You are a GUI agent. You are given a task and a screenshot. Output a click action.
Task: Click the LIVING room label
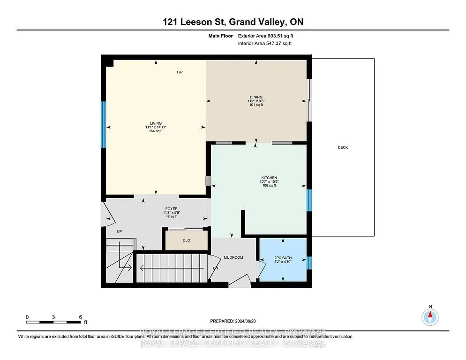[x=156, y=123]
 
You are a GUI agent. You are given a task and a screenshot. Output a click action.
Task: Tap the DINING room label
[x=256, y=97]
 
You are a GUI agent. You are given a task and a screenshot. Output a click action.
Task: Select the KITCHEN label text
[x=269, y=178]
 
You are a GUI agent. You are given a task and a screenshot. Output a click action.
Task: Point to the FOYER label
[x=172, y=209]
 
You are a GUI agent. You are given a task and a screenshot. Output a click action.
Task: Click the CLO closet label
[x=186, y=240]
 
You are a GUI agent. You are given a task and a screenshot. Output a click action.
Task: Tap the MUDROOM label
[x=233, y=257]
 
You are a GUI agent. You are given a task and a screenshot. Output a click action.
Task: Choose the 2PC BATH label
[x=283, y=258]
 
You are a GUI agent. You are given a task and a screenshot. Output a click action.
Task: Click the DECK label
[x=343, y=147]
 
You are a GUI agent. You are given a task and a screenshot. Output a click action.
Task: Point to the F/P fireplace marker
[x=180, y=72]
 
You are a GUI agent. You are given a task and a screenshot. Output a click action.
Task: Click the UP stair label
[x=119, y=231]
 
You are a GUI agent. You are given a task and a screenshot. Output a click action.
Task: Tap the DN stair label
[x=216, y=268]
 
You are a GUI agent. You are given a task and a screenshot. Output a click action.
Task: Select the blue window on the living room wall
[x=104, y=125]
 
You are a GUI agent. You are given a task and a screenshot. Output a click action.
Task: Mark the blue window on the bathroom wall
[x=309, y=263]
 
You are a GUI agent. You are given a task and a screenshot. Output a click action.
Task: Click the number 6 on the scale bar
[x=80, y=317]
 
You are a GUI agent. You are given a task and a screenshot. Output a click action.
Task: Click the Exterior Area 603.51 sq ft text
[x=265, y=36]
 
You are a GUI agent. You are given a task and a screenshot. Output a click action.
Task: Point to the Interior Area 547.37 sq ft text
[x=265, y=43]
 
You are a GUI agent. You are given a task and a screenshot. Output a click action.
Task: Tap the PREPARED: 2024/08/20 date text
[x=233, y=321]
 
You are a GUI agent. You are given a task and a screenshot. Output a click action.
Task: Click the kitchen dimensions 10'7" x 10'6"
[x=269, y=181]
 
